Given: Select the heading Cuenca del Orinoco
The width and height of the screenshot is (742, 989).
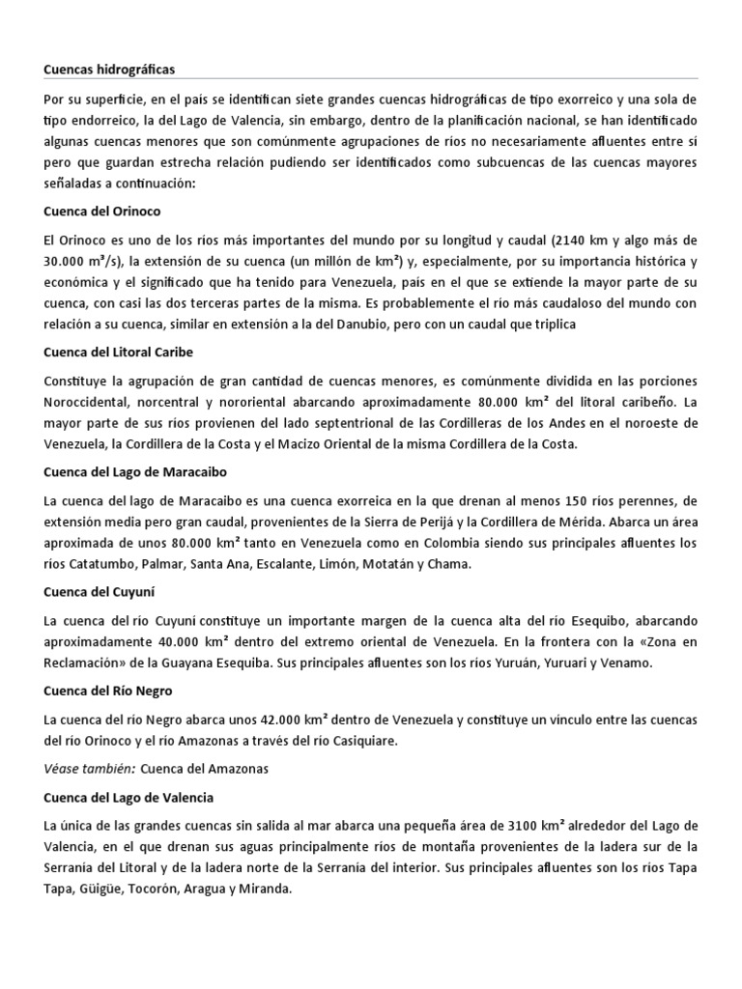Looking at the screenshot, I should coord(101,211).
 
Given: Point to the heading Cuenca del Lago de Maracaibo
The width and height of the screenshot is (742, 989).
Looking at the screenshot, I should coord(135,472).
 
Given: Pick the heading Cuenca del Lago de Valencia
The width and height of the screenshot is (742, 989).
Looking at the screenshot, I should coord(128,798).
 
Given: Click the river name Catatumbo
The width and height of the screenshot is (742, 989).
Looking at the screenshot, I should coord(103,566).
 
